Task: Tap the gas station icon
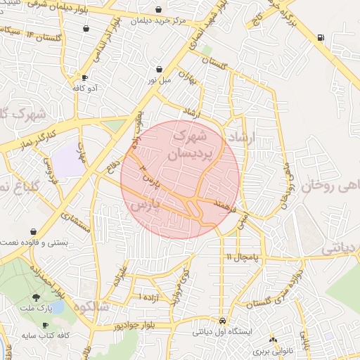[321, 37]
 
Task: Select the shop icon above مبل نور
[160, 70]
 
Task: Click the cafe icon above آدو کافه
[85, 78]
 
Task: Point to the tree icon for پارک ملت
[36, 299]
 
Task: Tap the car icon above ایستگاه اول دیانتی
[222, 320]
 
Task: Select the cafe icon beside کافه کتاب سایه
[46, 326]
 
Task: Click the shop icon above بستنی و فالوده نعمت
[33, 231]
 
